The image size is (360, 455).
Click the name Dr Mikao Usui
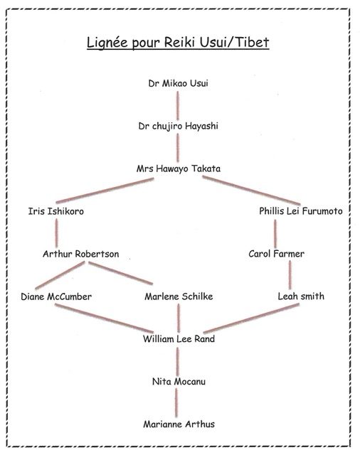point(179,84)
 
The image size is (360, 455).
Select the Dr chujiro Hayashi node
point(179,127)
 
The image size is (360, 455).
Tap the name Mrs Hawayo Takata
point(179,168)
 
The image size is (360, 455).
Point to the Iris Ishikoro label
point(56,211)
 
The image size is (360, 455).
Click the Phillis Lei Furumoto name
point(301,211)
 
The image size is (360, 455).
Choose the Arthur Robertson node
point(81,254)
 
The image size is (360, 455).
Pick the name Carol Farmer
point(276,254)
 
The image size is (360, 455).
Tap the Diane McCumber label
point(56,296)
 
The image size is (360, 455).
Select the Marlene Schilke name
point(179,296)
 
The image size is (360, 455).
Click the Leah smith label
point(301,296)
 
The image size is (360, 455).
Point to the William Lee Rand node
point(179,339)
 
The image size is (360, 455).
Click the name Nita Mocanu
point(179,382)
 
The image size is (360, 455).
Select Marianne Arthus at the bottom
point(179,424)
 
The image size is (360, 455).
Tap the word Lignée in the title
point(107,43)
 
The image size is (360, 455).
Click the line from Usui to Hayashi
point(178,105)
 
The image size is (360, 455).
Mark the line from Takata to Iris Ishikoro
point(105,191)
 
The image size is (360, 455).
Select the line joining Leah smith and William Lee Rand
point(251,318)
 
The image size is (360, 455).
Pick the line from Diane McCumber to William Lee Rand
point(104,318)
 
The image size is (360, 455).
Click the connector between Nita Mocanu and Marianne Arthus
point(176,403)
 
